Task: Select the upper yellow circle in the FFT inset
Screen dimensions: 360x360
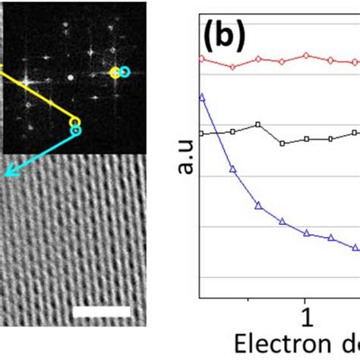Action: pos(115,73)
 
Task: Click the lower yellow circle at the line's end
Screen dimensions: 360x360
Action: pos(74,122)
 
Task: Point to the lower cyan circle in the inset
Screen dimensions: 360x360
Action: pos(76,131)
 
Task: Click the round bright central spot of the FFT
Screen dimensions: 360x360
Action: pos(70,77)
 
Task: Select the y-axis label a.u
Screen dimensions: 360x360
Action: pos(185,160)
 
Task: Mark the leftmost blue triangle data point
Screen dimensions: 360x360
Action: pos(201,96)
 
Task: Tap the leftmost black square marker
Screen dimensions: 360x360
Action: pos(201,134)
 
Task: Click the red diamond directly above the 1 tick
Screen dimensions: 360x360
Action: pos(306,55)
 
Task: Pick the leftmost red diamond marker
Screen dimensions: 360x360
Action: pos(201,58)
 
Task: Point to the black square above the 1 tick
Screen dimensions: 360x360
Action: pos(306,139)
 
